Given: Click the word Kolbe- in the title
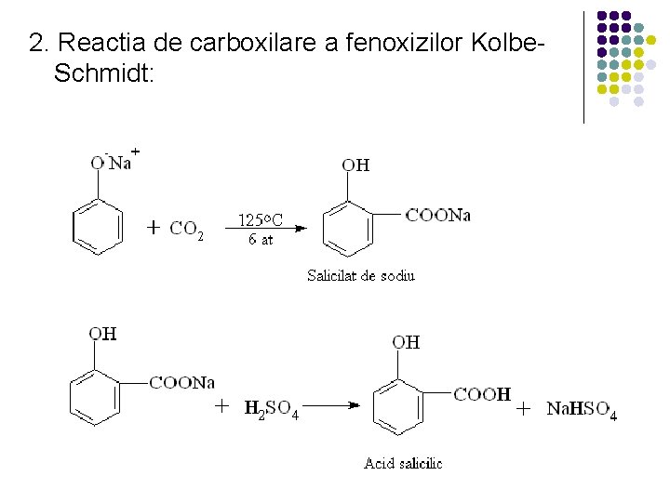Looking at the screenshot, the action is point(508,43).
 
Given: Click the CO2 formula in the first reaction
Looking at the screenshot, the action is point(187,230).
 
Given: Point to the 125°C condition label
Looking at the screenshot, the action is point(261,220).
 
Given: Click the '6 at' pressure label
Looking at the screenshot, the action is point(261,239).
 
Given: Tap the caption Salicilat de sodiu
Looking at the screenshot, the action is point(361,275).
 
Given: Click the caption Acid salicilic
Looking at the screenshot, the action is point(402,463).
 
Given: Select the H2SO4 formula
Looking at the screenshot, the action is point(271,408).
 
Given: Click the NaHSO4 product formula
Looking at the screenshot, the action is point(580,409).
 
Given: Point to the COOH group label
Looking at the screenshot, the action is point(481,394).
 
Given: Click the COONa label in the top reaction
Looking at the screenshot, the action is point(437,216).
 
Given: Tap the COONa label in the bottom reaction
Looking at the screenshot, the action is point(181,382).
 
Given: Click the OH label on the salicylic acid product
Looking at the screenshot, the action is point(406,342).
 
